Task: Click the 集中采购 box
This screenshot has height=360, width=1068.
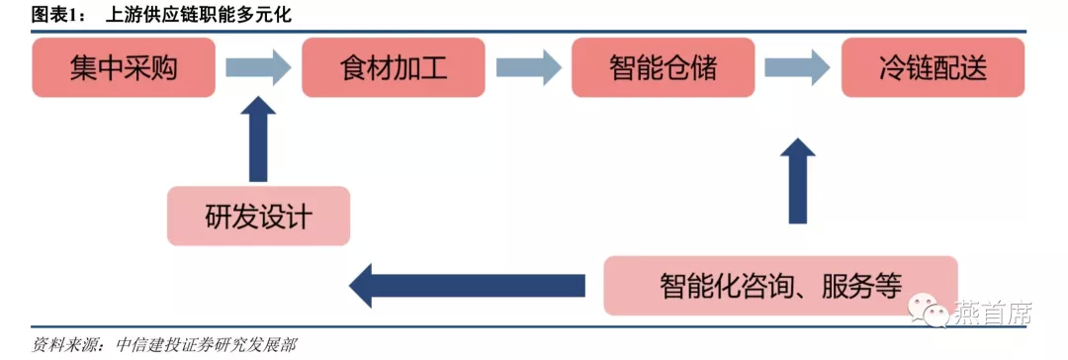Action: [x=124, y=67]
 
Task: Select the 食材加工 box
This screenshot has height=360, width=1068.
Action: [x=394, y=67]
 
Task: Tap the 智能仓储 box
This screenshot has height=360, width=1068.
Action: [x=664, y=67]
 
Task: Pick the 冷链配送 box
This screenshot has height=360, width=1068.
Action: [x=933, y=67]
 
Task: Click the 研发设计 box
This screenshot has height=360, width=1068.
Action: [x=259, y=216]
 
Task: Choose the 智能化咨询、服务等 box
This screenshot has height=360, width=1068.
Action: [x=780, y=286]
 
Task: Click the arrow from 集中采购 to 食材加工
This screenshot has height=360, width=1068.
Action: [x=258, y=67]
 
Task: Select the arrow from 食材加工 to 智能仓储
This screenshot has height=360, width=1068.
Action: [x=528, y=67]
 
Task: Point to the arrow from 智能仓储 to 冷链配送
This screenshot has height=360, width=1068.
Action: [x=798, y=67]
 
